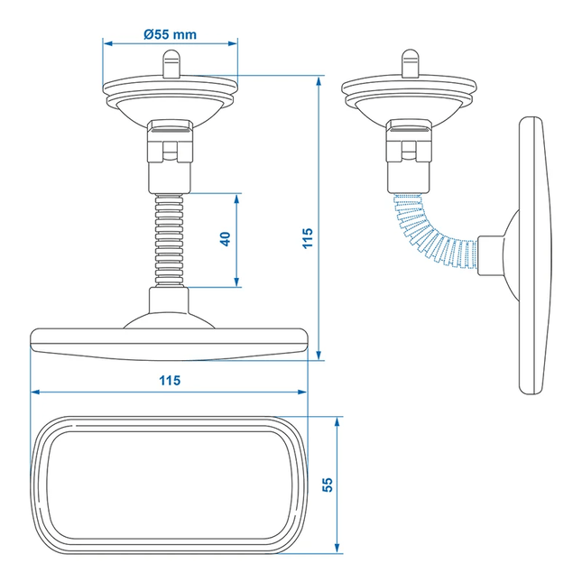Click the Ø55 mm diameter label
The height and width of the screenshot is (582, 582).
click(171, 34)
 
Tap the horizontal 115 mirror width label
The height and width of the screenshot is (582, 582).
click(169, 380)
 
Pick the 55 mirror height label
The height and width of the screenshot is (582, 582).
click(328, 485)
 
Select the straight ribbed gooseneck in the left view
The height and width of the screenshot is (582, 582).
click(171, 239)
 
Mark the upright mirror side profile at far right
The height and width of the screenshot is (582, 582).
click(534, 255)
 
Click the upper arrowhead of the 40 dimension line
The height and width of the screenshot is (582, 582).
click(237, 196)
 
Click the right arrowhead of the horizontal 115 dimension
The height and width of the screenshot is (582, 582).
click(303, 393)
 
